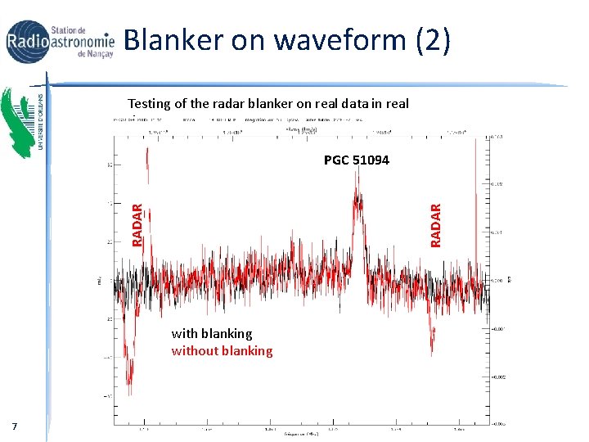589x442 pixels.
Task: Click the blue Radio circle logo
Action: coord(28,42)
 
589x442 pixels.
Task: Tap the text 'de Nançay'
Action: coord(94,55)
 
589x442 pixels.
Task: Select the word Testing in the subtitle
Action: coord(150,104)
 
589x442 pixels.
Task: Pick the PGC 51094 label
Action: coord(356,160)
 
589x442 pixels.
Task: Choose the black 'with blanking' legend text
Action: coord(211,333)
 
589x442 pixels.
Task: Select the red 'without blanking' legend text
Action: coord(222,351)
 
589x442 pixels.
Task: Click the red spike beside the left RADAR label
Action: coord(146,164)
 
